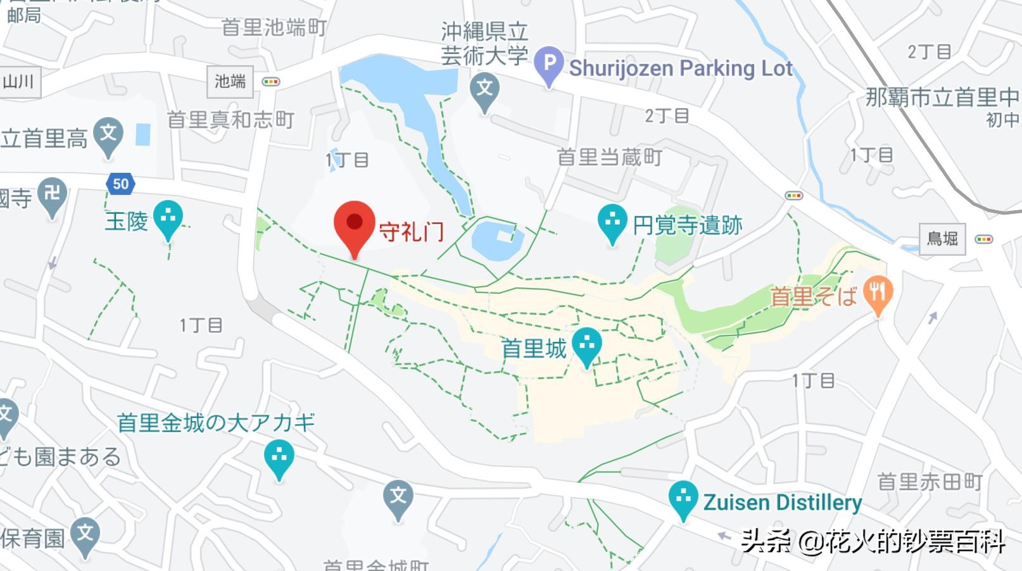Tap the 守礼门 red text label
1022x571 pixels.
(412, 232)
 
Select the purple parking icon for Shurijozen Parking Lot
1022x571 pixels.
(548, 64)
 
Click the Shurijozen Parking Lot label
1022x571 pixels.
(681, 68)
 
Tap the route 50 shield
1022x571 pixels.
(120, 184)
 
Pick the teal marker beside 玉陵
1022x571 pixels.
(168, 218)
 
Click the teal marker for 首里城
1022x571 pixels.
(587, 345)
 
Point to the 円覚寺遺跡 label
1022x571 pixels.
(688, 225)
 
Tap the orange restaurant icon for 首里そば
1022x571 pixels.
(878, 293)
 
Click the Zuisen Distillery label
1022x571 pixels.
(783, 503)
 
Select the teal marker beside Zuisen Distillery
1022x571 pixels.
(683, 499)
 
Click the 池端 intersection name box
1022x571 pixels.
(230, 82)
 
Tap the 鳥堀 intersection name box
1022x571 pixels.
(942, 239)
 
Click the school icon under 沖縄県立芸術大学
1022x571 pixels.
(485, 89)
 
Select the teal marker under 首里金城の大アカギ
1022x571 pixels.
(279, 458)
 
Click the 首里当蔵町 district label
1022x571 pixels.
(609, 157)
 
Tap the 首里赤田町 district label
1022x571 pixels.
(929, 482)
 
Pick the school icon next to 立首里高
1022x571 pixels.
(108, 135)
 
